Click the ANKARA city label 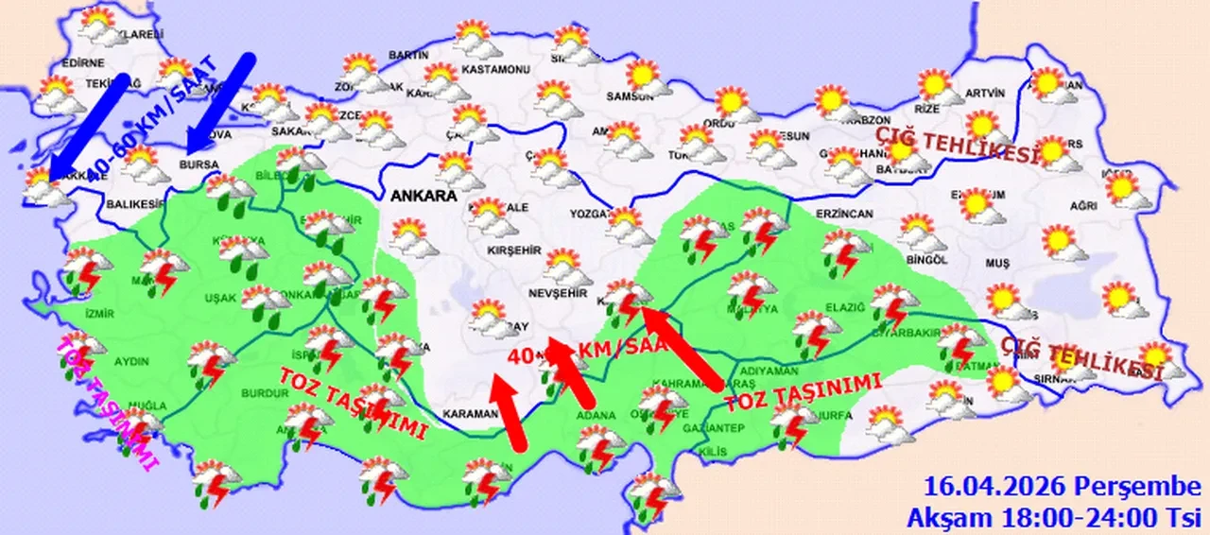pos(421,196)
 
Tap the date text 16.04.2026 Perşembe pos(1062,487)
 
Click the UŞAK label pos(221,299)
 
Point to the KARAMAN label pos(468,414)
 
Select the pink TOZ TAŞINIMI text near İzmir pos(107,401)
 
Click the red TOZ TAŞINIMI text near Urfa pos(803,393)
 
